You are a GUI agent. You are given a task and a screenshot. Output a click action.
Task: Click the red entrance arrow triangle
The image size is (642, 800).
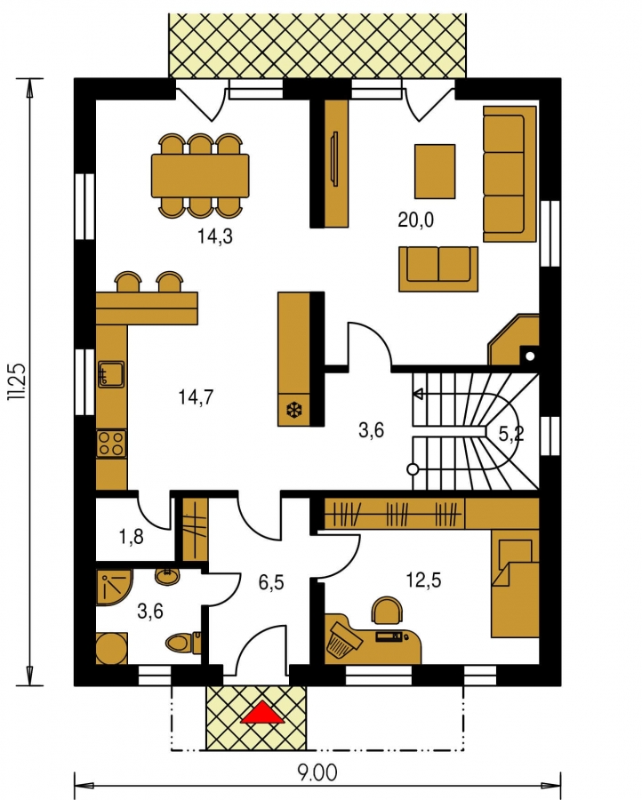pyautogui.click(x=262, y=713)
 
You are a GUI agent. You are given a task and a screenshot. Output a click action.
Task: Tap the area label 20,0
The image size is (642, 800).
pyautogui.click(x=415, y=220)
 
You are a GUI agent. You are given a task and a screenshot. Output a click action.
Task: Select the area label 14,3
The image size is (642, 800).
pyautogui.click(x=215, y=236)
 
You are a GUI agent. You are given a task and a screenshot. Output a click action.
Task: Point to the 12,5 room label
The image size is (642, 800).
pyautogui.click(x=423, y=580)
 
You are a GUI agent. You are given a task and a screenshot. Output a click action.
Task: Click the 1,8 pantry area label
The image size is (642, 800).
pyautogui.click(x=131, y=537)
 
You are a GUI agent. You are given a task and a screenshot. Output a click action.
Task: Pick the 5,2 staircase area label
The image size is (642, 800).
pyautogui.click(x=511, y=434)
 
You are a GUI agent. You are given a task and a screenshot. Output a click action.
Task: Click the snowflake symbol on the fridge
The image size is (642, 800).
pyautogui.click(x=294, y=409)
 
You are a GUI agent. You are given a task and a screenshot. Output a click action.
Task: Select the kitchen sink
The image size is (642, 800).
pyautogui.click(x=111, y=375)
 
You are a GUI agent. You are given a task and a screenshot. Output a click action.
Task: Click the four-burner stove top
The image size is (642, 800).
pyautogui.click(x=112, y=443)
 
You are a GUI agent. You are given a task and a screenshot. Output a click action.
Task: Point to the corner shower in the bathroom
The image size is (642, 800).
pyautogui.click(x=114, y=587)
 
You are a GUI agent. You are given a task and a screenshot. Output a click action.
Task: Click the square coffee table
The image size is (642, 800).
pyautogui.click(x=435, y=172)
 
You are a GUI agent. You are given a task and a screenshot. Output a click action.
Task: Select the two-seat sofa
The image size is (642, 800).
pyautogui.click(x=438, y=268)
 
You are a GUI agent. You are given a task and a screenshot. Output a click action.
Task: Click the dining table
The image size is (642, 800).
pyautogui.click(x=200, y=175)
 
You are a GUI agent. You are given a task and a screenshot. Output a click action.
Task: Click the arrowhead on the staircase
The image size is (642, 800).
pyautogui.click(x=419, y=394)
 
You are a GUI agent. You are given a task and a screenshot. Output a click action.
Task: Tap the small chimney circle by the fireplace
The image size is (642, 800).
pyautogui.click(x=530, y=356)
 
